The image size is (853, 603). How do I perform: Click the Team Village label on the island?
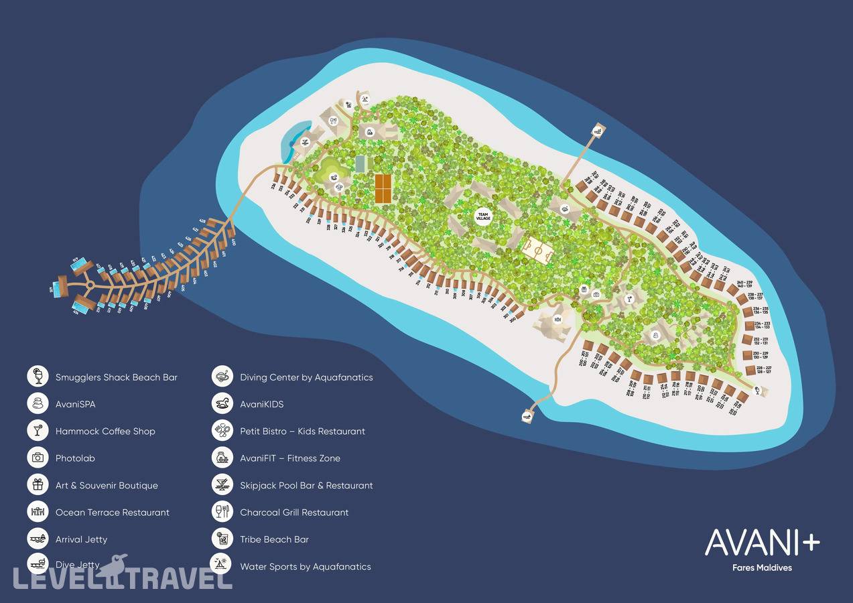483,216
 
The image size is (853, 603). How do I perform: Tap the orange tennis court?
383,188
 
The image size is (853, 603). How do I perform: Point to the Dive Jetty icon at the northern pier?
598,129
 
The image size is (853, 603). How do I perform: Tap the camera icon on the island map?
596,294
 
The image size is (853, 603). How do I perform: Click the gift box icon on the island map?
584,289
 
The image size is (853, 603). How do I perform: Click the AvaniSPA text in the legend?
75,404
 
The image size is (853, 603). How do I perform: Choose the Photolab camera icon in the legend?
38,458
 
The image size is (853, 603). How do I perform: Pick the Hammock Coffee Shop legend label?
105,431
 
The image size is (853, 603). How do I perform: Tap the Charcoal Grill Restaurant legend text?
294,512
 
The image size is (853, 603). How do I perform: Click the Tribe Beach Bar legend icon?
222,539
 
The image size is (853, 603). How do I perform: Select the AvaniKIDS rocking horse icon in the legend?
222,403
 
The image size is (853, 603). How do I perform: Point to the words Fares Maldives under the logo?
762,567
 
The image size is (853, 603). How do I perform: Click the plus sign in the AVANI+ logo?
810,543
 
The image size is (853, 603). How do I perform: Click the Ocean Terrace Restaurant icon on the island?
557,320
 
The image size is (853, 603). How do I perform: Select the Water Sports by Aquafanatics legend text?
305,566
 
